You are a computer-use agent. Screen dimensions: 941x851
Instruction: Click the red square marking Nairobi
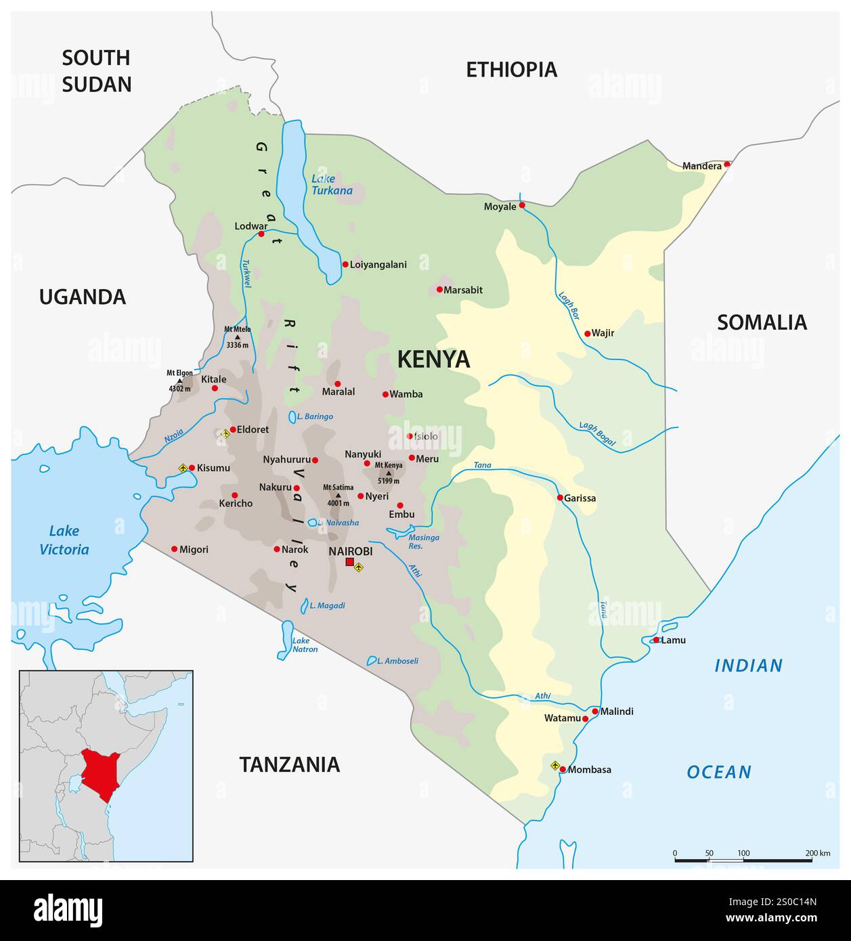(x=349, y=562)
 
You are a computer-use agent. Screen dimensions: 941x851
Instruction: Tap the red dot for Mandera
(x=727, y=164)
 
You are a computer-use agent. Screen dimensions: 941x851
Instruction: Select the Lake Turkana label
(x=332, y=184)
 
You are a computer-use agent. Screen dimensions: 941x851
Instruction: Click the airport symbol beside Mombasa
(x=555, y=766)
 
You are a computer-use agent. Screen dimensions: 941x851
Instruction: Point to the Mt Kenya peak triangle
(x=389, y=473)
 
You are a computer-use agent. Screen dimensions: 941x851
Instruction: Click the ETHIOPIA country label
(x=511, y=69)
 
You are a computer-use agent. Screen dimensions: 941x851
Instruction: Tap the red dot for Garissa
(x=560, y=498)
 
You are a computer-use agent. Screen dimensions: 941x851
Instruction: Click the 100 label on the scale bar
(x=743, y=853)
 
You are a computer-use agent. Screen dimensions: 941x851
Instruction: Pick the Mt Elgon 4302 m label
(x=180, y=380)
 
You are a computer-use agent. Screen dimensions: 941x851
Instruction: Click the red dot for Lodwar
(x=261, y=234)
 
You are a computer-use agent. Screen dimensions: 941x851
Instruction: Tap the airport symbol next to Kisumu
(x=182, y=468)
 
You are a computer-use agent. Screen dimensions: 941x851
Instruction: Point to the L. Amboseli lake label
(x=398, y=661)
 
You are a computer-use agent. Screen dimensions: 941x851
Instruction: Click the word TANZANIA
(x=289, y=764)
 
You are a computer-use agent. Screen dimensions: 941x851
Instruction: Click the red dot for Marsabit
(x=439, y=290)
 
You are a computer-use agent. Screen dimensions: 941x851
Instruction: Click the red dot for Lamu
(x=656, y=640)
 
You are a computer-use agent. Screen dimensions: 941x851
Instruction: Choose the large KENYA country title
(x=433, y=359)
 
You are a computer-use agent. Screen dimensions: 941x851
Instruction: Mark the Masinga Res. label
(x=424, y=541)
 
